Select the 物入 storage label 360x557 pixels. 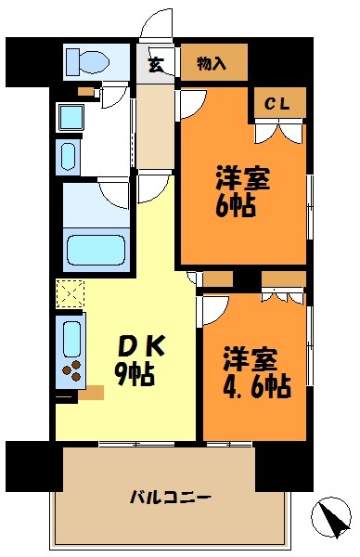click(212, 63)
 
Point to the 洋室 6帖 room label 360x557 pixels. click(243, 190)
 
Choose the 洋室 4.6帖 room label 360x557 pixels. click(256, 372)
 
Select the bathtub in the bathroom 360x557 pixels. click(96, 249)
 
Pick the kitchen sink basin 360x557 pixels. click(71, 336)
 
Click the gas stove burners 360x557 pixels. click(71, 372)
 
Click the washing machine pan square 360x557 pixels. click(71, 117)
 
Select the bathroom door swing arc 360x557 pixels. click(115, 193)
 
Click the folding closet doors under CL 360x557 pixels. click(277, 132)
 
